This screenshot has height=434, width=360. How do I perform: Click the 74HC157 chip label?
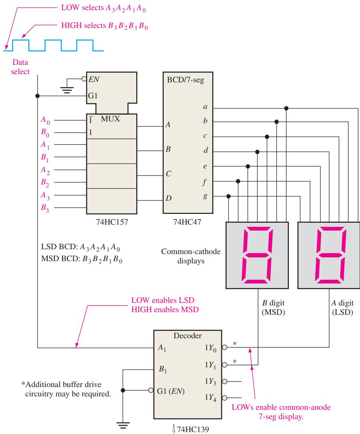click(112, 222)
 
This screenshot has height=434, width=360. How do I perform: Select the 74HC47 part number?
click(187, 222)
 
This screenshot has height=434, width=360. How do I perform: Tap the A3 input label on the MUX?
click(45, 196)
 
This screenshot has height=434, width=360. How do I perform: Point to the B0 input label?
click(45, 133)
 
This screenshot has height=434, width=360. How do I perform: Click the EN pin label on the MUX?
click(94, 79)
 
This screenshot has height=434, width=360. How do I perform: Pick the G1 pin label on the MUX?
click(93, 96)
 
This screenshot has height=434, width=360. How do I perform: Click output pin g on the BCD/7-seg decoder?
click(205, 196)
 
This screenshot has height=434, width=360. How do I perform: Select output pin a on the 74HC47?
click(205, 107)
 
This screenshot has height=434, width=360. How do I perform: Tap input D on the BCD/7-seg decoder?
click(168, 198)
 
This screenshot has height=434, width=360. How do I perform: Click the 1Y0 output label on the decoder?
click(210, 348)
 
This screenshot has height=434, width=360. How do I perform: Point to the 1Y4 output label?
click(210, 398)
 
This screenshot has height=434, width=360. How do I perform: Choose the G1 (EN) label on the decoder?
click(171, 391)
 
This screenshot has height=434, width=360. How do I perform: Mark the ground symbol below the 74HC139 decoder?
click(123, 425)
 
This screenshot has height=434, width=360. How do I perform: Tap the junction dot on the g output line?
click(228, 196)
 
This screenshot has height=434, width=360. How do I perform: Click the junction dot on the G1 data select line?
click(38, 96)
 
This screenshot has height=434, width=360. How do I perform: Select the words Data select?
click(20, 67)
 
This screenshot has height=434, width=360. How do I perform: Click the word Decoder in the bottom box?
click(188, 336)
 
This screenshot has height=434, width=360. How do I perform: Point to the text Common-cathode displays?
click(191, 256)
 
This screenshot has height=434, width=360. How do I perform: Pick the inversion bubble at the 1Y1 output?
click(224, 365)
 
